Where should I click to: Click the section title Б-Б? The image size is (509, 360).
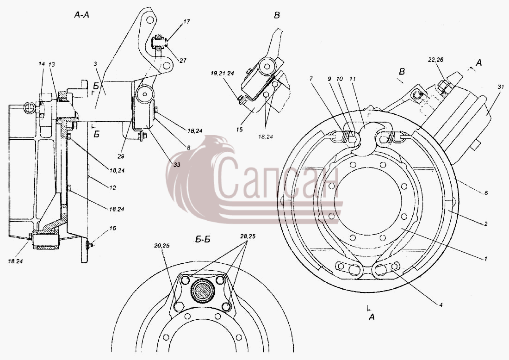click(x=203, y=240)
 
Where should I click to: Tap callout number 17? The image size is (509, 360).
click(x=186, y=22)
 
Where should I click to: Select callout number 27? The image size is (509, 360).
click(x=183, y=60)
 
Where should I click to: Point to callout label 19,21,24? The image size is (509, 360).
click(x=222, y=74)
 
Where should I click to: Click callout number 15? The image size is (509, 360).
click(x=239, y=130)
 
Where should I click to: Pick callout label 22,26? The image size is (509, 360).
click(x=435, y=60)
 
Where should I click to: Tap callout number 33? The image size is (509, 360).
click(x=176, y=165)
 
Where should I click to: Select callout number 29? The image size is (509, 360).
click(x=121, y=156)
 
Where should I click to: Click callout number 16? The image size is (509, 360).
click(x=112, y=229)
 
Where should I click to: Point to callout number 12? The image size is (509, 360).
click(x=112, y=187)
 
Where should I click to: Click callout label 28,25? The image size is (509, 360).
click(x=248, y=236)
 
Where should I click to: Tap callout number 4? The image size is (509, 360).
click(x=441, y=304)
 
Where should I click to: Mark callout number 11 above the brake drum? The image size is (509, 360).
click(x=353, y=79)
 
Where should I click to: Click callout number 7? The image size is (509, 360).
click(x=311, y=79)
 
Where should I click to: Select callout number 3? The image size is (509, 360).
click(x=95, y=64)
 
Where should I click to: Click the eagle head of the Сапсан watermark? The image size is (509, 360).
click(x=218, y=148)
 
